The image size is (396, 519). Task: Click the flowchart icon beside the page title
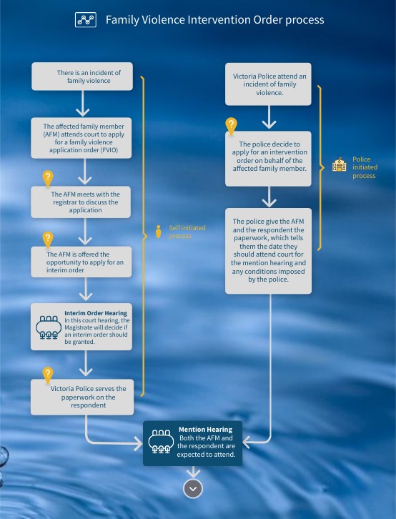coord(86,20)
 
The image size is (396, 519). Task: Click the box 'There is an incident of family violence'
coord(82,76)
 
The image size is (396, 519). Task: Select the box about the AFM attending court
coord(81,138)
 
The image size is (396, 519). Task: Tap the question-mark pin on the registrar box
coord(48,179)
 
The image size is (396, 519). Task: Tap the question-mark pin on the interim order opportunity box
coord(48,239)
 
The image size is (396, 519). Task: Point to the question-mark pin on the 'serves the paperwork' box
coord(48,375)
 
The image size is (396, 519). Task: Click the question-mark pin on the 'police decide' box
coord(231,127)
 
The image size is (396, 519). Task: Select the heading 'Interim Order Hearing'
coord(96,313)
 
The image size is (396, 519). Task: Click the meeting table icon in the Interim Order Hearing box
coord(49,327)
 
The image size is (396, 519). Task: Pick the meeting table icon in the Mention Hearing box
coord(161,442)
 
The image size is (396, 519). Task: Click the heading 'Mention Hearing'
coord(205,430)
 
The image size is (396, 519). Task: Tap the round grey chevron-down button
coord(193,488)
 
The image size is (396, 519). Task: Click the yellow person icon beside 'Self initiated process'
coord(159,232)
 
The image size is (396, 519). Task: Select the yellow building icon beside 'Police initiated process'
coord(339,164)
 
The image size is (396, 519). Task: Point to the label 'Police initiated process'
coord(365,167)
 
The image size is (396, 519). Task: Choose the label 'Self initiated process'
coord(187,232)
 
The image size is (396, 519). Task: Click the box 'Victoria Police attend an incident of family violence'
coord(268,84)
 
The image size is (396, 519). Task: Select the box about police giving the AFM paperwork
coord(268,251)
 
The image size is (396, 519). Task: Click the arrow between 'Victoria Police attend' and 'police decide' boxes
coord(269,117)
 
